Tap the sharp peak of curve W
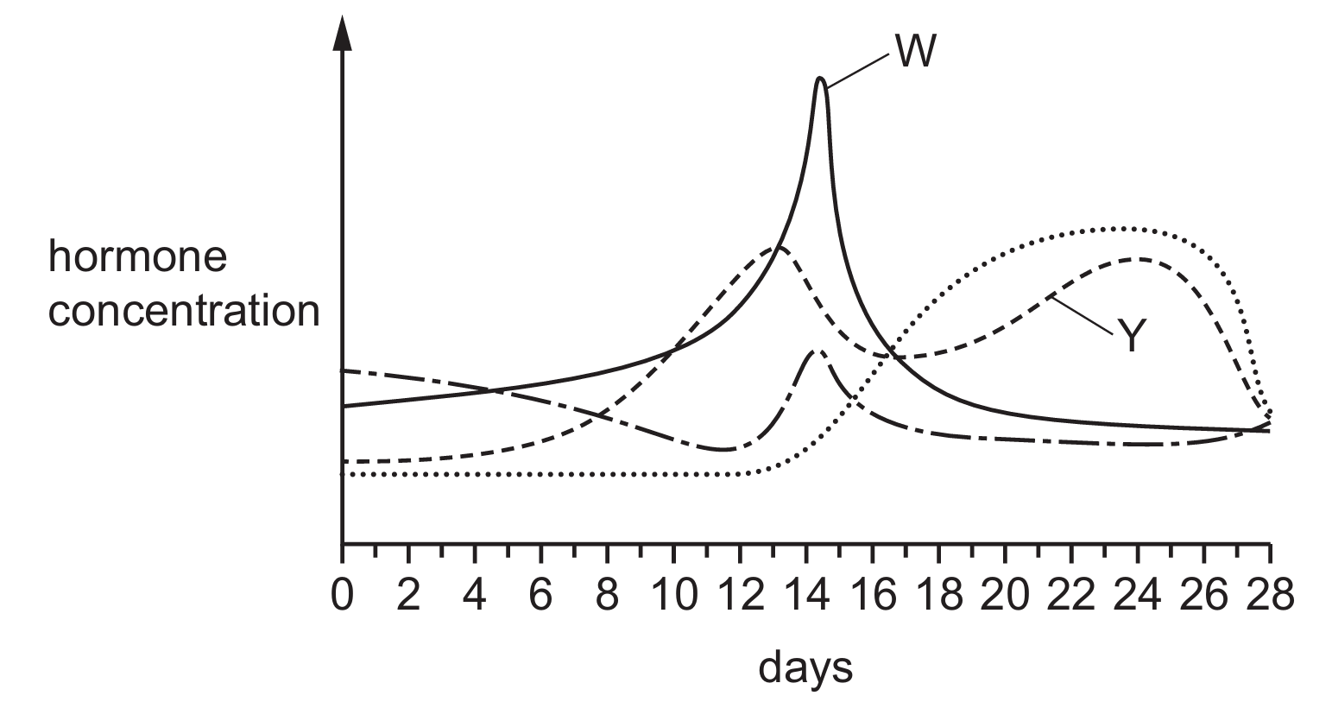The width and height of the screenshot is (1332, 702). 820,79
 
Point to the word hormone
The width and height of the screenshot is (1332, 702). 137,257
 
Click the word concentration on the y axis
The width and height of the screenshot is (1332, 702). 183,312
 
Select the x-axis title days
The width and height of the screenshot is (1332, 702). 805,667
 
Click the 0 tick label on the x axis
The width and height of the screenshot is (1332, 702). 343,597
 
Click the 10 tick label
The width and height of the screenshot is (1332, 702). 673,597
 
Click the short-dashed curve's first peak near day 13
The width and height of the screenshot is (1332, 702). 777,248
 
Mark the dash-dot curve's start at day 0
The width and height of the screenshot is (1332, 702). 344,370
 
